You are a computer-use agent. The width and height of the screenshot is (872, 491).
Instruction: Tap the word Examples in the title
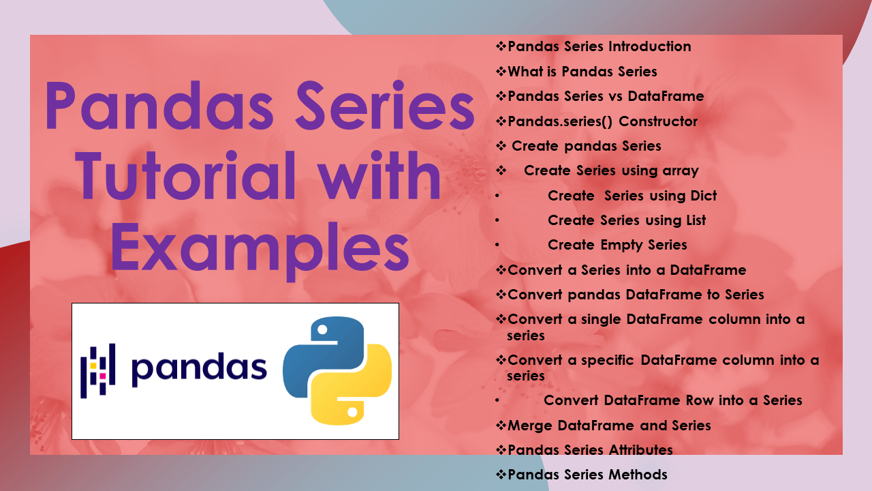tap(260, 243)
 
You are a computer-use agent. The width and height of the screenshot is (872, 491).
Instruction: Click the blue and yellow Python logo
tap(337, 371)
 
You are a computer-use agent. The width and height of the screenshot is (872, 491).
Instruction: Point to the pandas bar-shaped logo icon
tap(98, 370)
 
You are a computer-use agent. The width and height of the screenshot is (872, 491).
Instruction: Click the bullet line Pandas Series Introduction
tap(599, 46)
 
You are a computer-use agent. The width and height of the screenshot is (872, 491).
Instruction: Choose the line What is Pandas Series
tap(582, 72)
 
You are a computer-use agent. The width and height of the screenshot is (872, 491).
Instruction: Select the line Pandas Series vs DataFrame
tap(606, 96)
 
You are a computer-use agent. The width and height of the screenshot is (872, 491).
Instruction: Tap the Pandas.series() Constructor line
tap(602, 121)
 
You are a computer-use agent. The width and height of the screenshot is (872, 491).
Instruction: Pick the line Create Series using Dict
tap(632, 196)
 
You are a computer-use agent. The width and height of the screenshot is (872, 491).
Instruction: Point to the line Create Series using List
tap(627, 220)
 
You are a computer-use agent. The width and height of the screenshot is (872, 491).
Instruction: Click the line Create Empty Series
tap(617, 245)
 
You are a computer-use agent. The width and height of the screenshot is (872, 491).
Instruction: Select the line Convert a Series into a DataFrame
tap(627, 270)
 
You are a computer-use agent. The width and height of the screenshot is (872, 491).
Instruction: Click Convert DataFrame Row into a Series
tap(672, 400)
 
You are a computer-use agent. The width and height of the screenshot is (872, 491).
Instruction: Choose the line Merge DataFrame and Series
tap(609, 426)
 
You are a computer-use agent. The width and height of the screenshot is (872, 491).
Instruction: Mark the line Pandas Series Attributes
tap(590, 450)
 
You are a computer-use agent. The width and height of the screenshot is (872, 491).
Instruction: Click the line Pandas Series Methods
tap(587, 475)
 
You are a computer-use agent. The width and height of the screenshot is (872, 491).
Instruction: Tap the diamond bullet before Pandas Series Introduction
tap(501, 46)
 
